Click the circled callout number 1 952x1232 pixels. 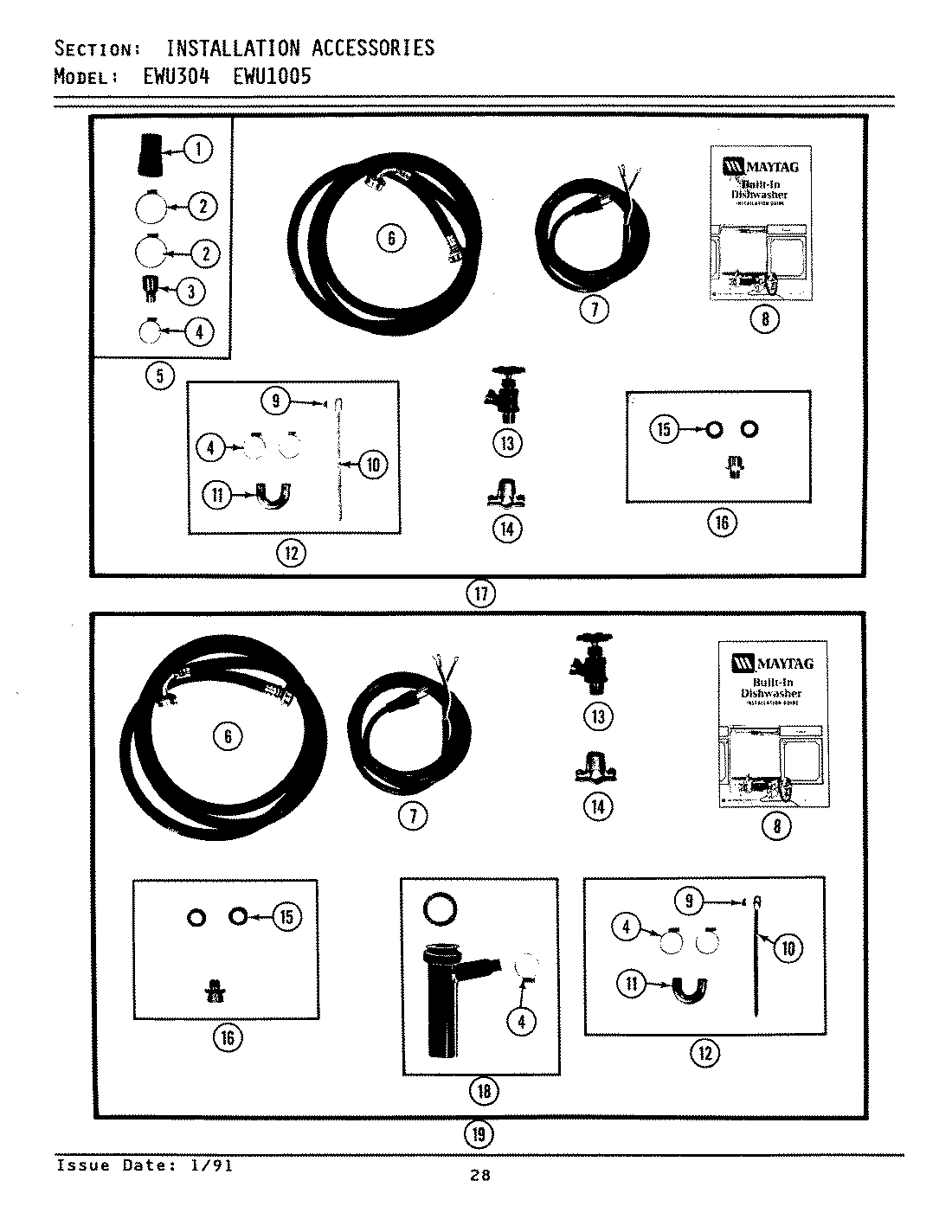coord(198,150)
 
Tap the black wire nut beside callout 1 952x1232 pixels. coord(144,154)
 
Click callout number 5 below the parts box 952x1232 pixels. coord(160,375)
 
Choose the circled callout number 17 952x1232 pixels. coord(481,594)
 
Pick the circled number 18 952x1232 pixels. coord(483,1090)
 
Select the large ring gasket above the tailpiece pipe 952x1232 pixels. coord(440,910)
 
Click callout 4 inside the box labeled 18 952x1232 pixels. coord(521,1022)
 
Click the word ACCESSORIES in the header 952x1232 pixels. coord(373,48)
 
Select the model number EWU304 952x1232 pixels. coord(176,76)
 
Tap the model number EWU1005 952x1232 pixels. coord(272,76)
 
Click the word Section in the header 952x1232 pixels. coord(93,48)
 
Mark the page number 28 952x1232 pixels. coord(480,1175)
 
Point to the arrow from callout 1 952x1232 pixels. coord(171,151)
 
